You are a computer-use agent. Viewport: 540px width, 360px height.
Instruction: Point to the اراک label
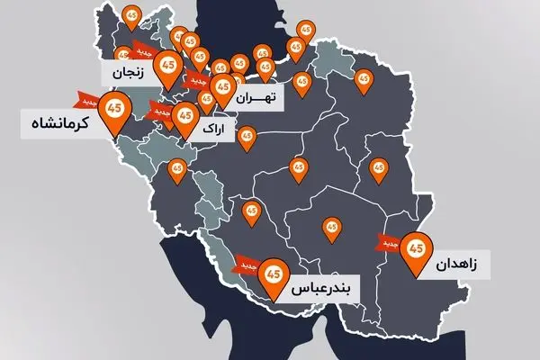point(219,130)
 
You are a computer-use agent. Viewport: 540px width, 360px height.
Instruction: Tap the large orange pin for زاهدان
point(416,247)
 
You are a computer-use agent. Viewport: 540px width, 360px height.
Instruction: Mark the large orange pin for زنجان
point(167,67)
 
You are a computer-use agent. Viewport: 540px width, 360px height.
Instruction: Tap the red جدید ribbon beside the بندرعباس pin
point(247,265)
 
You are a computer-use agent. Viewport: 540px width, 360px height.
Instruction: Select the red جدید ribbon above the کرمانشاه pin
point(86,97)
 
